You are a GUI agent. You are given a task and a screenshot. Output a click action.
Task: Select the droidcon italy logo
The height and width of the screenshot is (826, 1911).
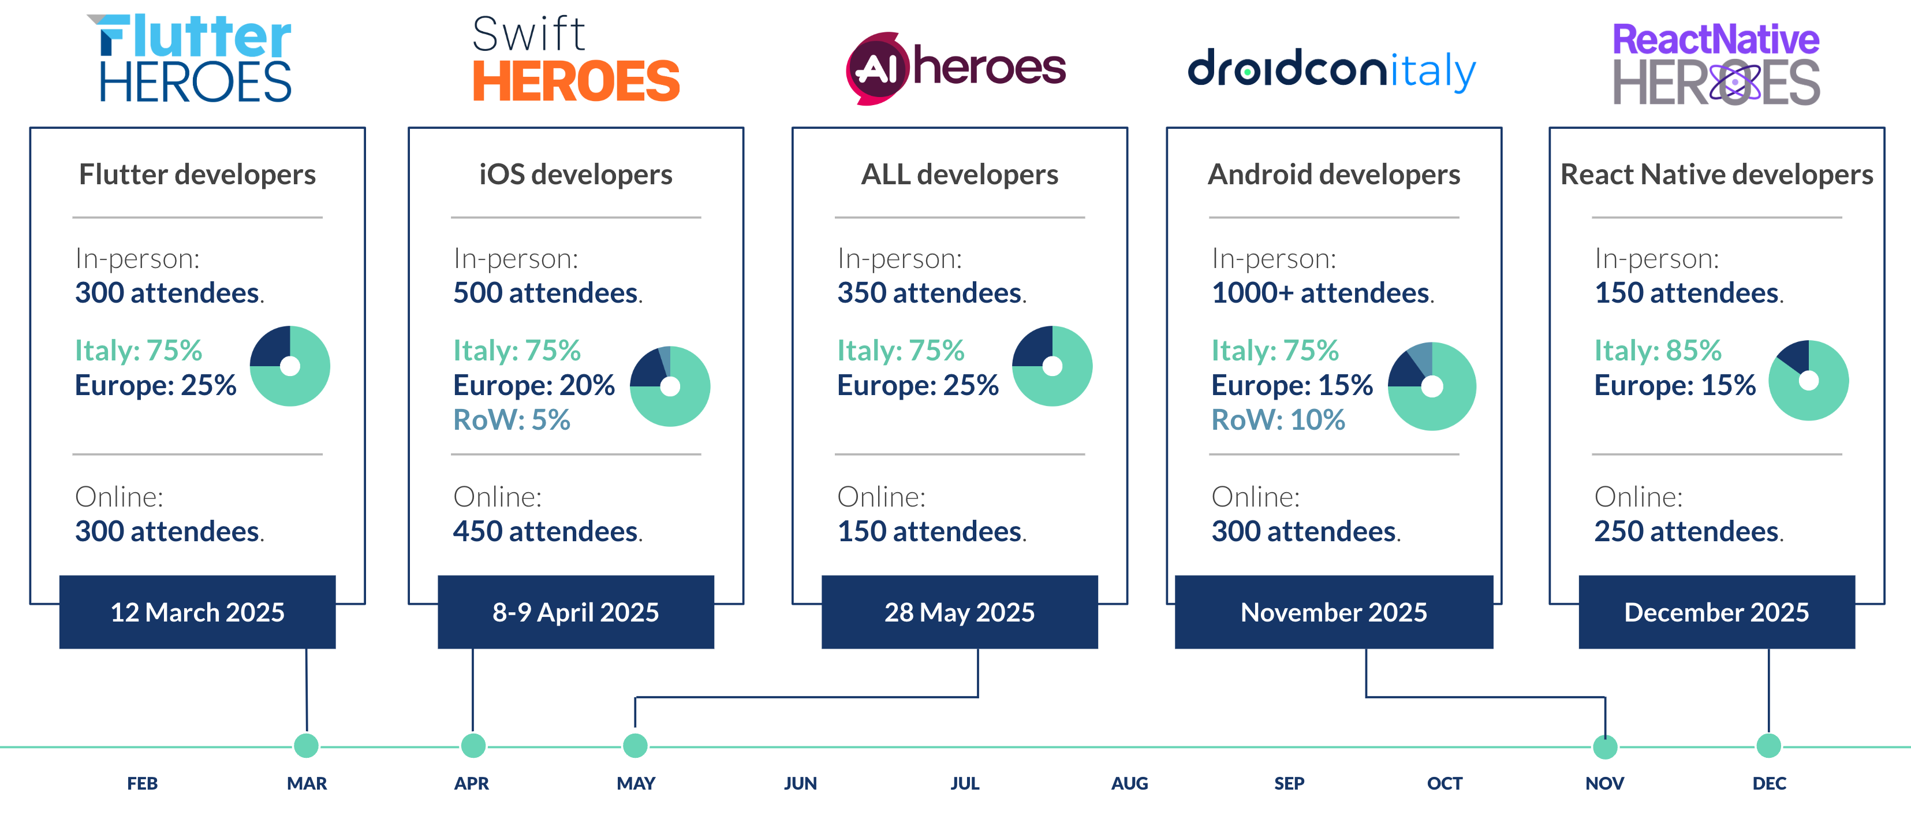click(1331, 69)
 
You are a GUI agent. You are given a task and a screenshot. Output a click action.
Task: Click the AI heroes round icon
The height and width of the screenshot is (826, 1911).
click(877, 68)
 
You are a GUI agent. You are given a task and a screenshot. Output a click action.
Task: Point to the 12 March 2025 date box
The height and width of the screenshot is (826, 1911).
click(197, 612)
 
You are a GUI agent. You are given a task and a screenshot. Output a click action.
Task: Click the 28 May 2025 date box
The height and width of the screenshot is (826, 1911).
click(959, 612)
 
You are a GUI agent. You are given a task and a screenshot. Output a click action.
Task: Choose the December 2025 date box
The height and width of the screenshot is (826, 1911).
click(1716, 612)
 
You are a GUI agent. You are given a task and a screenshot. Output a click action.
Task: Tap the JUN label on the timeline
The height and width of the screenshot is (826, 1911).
click(800, 783)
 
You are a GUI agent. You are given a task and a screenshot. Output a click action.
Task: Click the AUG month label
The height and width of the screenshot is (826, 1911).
click(1129, 783)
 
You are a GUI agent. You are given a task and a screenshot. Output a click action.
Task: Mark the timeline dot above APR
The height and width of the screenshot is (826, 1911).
click(473, 745)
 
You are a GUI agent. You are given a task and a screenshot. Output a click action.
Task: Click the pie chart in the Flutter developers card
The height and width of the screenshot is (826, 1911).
click(290, 366)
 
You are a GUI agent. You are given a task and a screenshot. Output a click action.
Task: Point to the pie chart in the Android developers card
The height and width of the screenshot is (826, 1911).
click(1432, 386)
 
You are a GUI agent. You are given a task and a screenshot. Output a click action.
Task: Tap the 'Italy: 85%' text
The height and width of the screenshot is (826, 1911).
click(1658, 350)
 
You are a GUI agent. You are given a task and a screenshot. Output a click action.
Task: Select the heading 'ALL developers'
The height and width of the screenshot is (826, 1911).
click(959, 174)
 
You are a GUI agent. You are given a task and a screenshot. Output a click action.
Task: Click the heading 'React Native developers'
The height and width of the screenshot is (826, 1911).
click(1716, 174)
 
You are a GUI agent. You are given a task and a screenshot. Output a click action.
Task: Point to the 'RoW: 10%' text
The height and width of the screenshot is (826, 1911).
click(1278, 420)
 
